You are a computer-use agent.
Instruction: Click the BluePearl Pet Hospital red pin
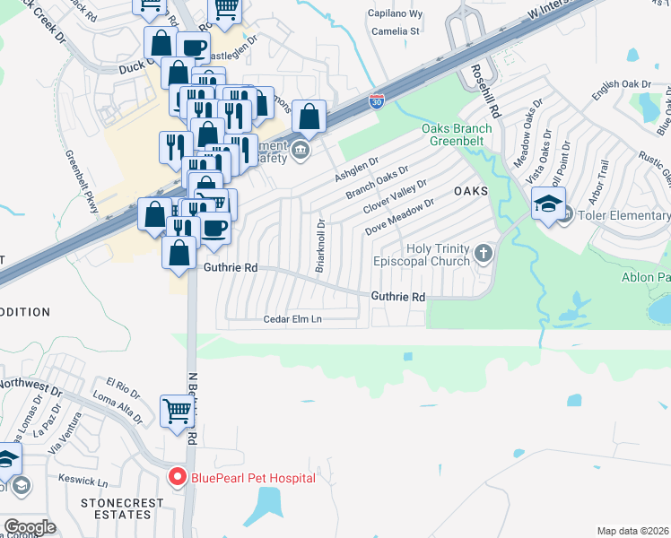[178, 477]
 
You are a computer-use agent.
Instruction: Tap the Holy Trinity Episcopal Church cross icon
[484, 253]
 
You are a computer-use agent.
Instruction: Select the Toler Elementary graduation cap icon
[548, 204]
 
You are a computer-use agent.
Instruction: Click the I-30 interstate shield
[377, 101]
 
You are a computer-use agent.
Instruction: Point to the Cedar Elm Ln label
[292, 319]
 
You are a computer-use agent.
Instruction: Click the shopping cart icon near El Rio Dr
[177, 411]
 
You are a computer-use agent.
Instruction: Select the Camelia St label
[396, 31]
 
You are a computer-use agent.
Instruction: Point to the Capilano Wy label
[396, 14]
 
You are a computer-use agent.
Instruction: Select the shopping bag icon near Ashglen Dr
[309, 117]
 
